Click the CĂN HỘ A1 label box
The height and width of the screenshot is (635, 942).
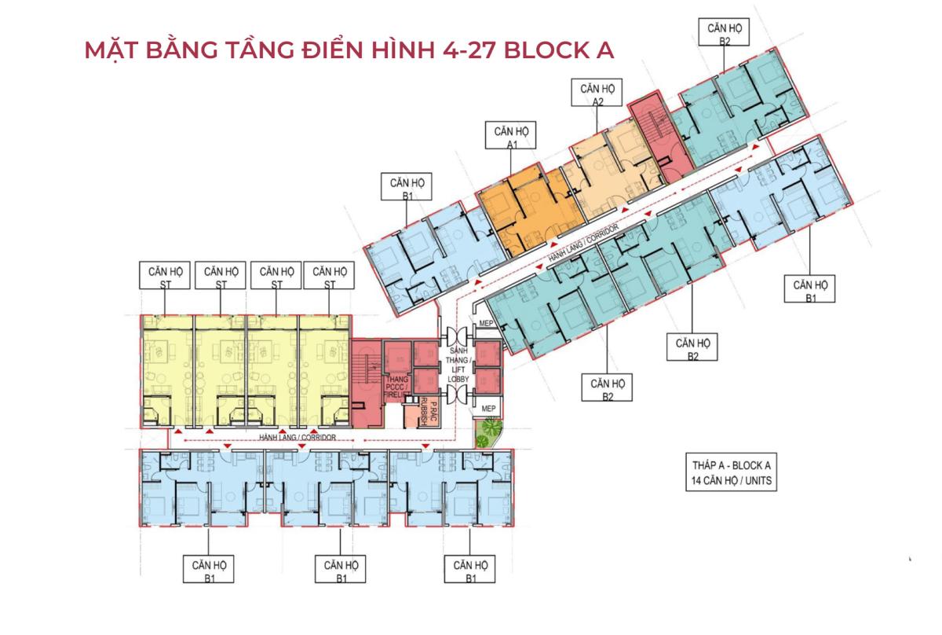510,135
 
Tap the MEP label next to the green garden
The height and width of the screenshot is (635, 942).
488,409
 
